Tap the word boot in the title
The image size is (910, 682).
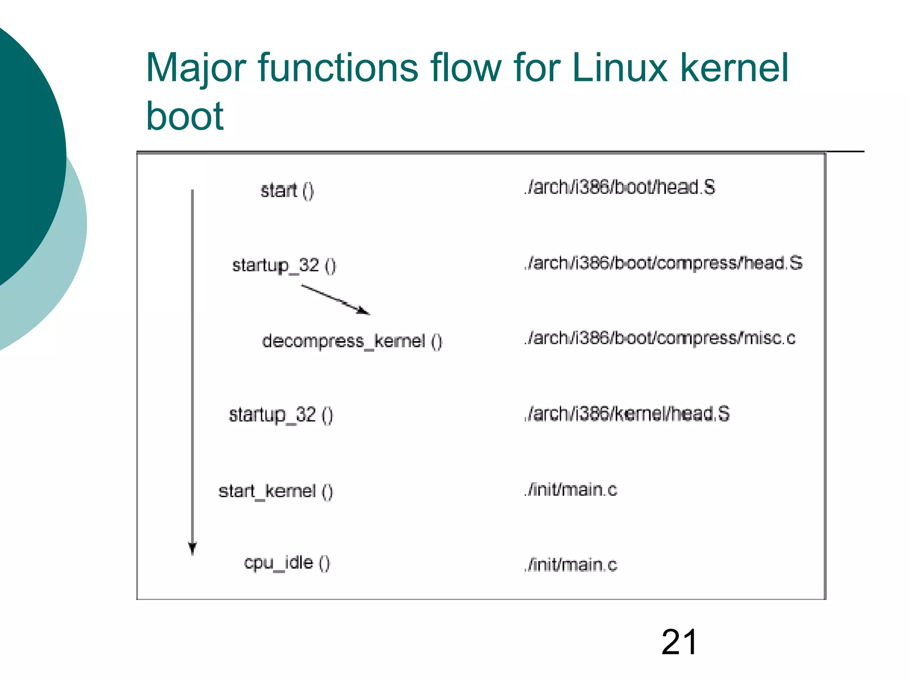click(184, 116)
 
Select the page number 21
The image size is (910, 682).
click(679, 642)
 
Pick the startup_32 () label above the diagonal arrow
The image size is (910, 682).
click(284, 266)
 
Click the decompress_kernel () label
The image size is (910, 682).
click(352, 341)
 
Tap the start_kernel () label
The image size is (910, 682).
click(275, 491)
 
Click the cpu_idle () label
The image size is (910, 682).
click(287, 563)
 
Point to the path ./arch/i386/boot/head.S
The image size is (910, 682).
click(619, 187)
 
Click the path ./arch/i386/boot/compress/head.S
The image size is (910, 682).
click(663, 263)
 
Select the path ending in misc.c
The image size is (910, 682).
click(659, 339)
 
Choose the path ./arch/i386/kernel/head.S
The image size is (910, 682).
click(627, 414)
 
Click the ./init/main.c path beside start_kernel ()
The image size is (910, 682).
click(571, 490)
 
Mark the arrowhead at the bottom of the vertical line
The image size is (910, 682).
click(192, 549)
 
